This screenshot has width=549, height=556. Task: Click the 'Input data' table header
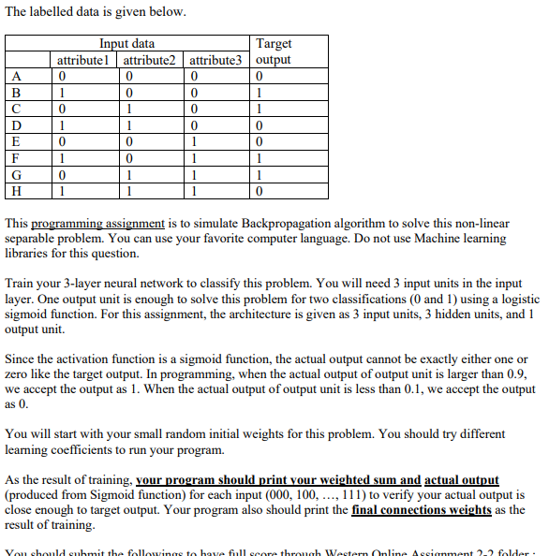pos(127,43)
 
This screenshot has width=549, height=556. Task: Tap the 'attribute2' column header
pos(156,59)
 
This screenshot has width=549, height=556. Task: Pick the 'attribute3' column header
pos(222,59)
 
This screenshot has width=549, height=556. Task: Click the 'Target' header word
pos(274,43)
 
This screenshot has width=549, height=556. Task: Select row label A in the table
pos(17,76)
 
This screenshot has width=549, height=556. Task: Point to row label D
pos(17,125)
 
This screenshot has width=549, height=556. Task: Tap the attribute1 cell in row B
pos(61,93)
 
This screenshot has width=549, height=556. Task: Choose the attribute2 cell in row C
pos(127,109)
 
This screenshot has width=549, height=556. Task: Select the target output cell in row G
pos(260,175)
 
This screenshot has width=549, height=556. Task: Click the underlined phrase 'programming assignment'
pos(98,225)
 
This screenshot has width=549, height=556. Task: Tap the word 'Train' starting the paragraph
pos(22,283)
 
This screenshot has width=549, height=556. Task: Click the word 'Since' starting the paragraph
pos(22,358)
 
